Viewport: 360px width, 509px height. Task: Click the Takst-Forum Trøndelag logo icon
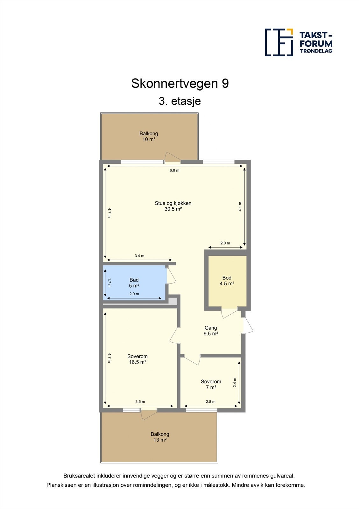(279, 42)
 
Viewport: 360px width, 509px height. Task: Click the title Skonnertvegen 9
(180, 84)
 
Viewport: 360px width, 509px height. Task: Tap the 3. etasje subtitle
(180, 101)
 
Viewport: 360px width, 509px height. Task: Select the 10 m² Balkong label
(149, 136)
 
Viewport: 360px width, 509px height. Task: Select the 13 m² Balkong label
(160, 437)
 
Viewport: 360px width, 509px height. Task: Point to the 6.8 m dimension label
(174, 171)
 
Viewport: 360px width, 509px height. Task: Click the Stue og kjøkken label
(173, 206)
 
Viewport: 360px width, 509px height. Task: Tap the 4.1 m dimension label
(240, 207)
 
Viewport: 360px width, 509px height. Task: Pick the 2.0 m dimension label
(225, 243)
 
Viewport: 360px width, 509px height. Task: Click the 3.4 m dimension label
(139, 256)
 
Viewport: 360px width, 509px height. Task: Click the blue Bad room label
(134, 282)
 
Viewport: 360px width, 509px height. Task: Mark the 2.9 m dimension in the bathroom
(134, 294)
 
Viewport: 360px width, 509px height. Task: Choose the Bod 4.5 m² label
(227, 281)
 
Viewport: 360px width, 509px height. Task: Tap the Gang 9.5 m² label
(211, 331)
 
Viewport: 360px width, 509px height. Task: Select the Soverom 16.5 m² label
(138, 359)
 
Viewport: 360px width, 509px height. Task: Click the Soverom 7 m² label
(211, 384)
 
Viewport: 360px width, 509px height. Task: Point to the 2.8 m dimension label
(210, 402)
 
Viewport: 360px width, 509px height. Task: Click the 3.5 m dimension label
(140, 402)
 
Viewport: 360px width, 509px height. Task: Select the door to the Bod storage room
(229, 313)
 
